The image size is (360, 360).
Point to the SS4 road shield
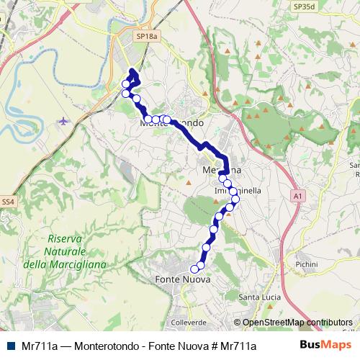8,202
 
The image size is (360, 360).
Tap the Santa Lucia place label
259,297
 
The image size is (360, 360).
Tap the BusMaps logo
326,346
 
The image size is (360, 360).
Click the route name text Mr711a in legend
40,346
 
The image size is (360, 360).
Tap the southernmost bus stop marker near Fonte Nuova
194,269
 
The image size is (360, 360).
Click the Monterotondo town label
173,123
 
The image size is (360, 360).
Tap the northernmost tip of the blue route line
133,70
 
